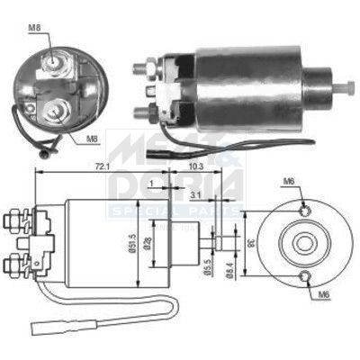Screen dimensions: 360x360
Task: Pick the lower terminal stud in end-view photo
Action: point(56,112)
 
